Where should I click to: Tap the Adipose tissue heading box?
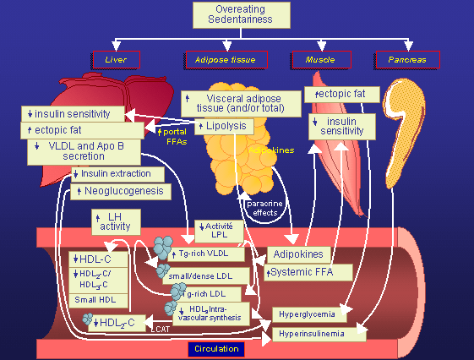226,60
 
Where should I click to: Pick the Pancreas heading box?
406,60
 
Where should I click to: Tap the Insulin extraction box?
115,174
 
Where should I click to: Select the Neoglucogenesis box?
121,192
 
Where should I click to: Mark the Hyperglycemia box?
306,314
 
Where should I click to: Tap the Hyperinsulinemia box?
319,335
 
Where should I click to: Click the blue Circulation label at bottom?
215,349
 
